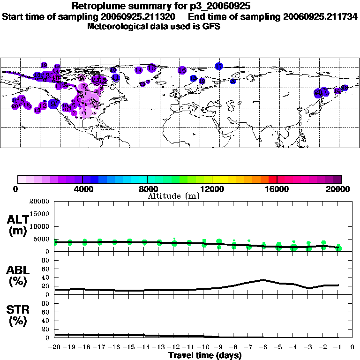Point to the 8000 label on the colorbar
[x=147, y=189]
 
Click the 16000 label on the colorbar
[x=277, y=189]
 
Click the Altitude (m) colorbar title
[x=173, y=196]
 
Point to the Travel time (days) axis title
[x=205, y=355]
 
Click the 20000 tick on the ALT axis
[x=39, y=202]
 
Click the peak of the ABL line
[x=264, y=280]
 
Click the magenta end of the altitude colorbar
[x=338, y=179]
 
